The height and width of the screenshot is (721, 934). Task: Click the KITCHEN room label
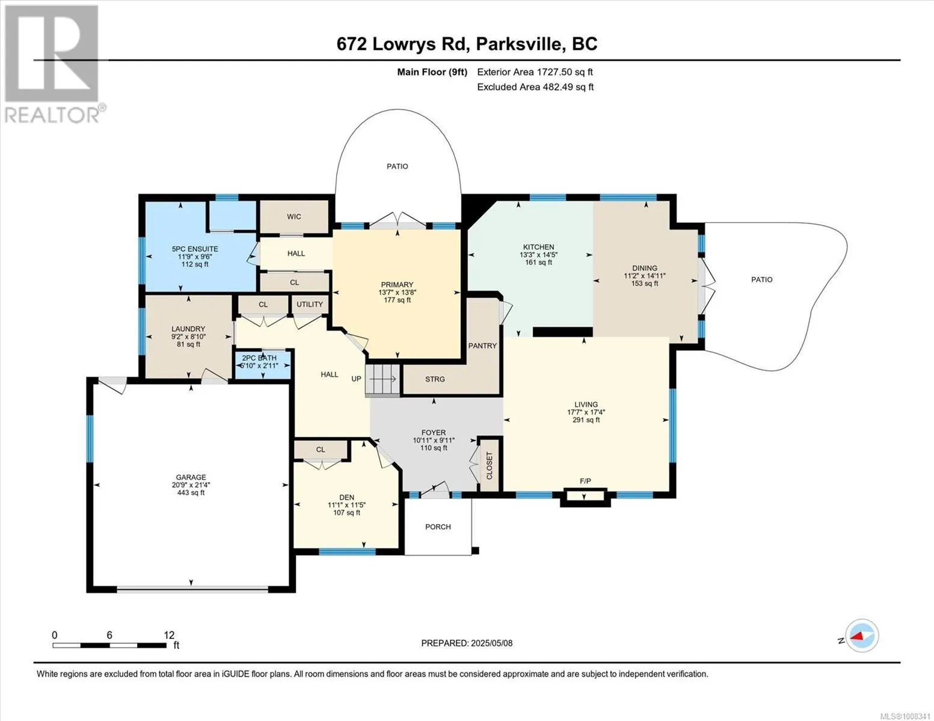pyautogui.click(x=538, y=247)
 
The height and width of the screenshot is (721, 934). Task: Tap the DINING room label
pyautogui.click(x=644, y=268)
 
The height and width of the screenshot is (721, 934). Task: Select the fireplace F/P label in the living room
pyautogui.click(x=585, y=481)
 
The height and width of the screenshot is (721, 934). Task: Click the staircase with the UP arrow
pyautogui.click(x=383, y=379)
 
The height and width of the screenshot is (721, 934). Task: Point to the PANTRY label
pyautogui.click(x=482, y=345)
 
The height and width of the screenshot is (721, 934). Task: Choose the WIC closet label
pyautogui.click(x=294, y=216)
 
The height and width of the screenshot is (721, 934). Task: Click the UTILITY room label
pyautogui.click(x=310, y=304)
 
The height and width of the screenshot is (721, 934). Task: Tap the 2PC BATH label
pyautogui.click(x=259, y=357)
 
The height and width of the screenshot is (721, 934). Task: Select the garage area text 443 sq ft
pyautogui.click(x=191, y=493)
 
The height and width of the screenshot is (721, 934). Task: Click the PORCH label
pyautogui.click(x=438, y=526)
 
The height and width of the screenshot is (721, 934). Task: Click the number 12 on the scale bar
pyautogui.click(x=169, y=635)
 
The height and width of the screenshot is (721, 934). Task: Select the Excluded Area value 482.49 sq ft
pyautogui.click(x=568, y=87)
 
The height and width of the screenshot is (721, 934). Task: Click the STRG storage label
pyautogui.click(x=435, y=379)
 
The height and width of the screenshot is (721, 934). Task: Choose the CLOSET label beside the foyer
pyautogui.click(x=489, y=466)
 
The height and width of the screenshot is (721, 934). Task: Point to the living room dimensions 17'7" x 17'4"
pyautogui.click(x=586, y=412)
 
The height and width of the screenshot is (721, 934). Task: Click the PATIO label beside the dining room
pyautogui.click(x=761, y=279)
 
